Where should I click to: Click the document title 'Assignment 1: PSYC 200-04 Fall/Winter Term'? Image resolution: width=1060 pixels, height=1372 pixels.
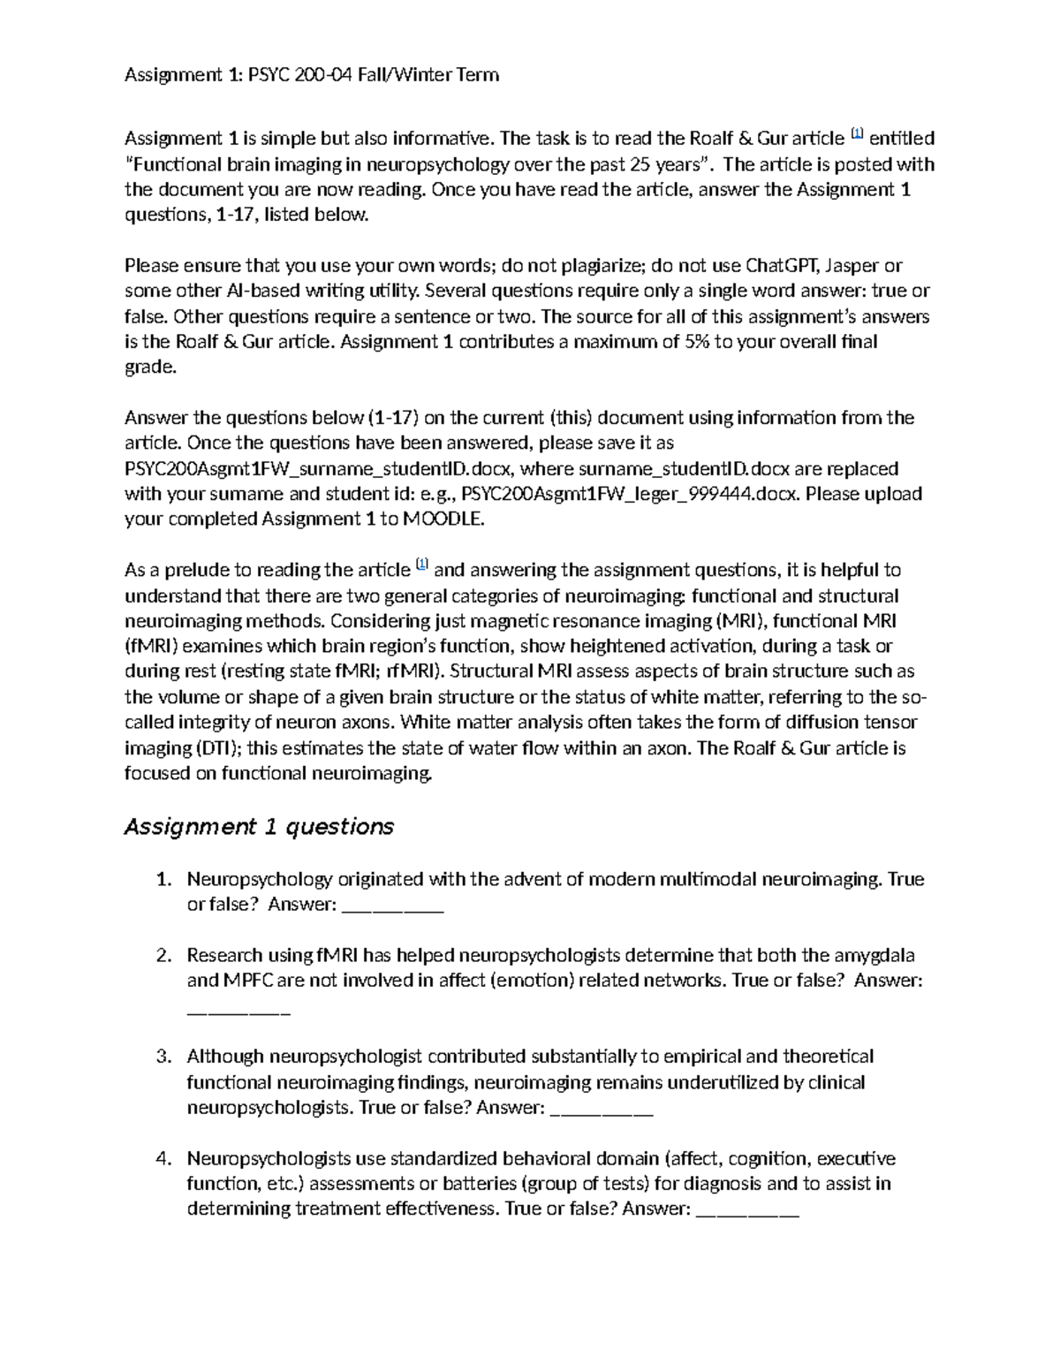point(312,75)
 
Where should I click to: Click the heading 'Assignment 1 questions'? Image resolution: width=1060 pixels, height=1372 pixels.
point(258,827)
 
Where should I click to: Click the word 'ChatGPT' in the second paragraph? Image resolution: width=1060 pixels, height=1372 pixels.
point(783,266)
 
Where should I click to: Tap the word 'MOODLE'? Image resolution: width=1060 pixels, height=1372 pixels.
point(443,519)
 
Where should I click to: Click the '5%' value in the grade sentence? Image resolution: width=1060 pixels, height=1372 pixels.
point(697,342)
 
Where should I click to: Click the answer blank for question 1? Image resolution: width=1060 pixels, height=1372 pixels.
point(391,906)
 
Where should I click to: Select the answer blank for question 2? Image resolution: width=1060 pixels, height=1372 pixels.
point(238,1007)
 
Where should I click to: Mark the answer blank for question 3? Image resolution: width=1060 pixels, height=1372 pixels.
point(601,1109)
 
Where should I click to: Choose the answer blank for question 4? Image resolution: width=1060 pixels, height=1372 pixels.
point(747,1209)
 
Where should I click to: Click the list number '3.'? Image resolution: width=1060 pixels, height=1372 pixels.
point(163,1057)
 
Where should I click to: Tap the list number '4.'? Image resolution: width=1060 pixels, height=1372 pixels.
point(163,1159)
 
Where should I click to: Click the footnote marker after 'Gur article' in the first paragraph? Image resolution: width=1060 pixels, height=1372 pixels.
point(856,134)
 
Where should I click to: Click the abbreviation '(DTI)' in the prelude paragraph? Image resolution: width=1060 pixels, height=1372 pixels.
point(216,748)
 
